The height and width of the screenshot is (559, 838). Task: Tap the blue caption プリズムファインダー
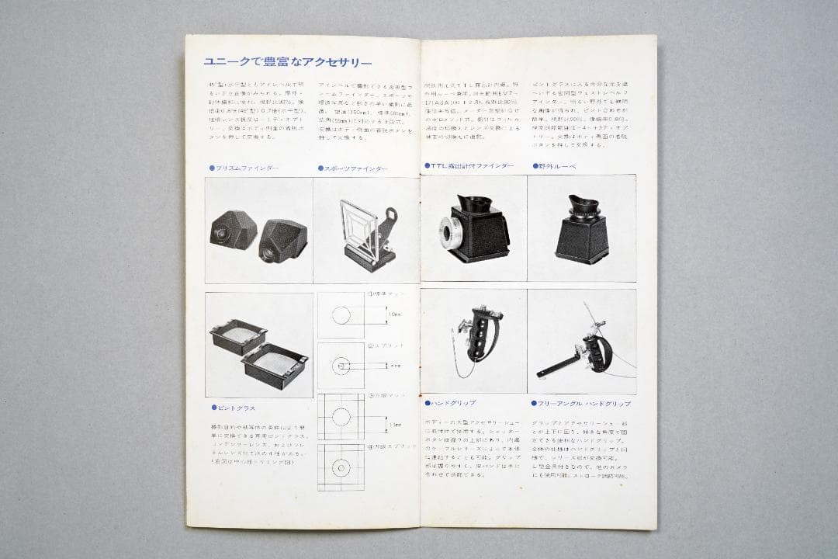245,168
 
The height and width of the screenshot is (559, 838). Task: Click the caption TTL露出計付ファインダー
472,166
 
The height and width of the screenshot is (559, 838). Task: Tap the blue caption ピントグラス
234,407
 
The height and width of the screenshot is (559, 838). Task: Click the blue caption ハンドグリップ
453,403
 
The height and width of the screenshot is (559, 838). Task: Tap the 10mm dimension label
396,315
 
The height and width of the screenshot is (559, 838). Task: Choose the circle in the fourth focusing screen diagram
341,467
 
